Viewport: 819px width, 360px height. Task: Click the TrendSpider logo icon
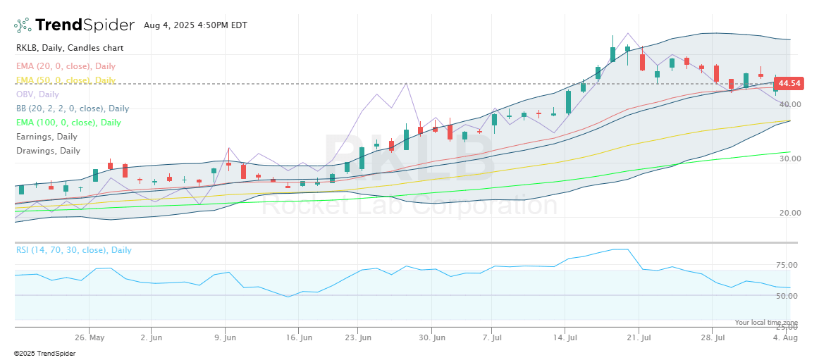point(23,25)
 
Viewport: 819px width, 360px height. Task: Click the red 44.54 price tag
point(789,83)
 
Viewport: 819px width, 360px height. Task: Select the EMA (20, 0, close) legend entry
point(66,66)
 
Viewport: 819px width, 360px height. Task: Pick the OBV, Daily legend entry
point(37,94)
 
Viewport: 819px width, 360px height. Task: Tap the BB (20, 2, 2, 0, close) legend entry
point(73,108)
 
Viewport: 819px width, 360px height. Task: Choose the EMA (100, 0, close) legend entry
point(68,123)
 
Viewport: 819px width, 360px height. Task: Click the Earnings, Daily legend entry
point(47,137)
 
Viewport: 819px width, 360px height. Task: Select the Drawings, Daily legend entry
point(48,151)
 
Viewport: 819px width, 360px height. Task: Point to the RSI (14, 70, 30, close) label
point(73,250)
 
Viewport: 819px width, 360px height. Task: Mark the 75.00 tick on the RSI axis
point(787,265)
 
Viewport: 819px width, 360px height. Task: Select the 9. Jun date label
point(225,337)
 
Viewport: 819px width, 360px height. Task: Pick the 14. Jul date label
point(565,337)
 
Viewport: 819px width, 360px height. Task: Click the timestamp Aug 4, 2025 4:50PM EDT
point(195,25)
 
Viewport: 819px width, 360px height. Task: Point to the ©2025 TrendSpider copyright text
point(44,353)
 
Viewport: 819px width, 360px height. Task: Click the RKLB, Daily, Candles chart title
point(70,48)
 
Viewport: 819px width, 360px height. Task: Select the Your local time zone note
point(766,322)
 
